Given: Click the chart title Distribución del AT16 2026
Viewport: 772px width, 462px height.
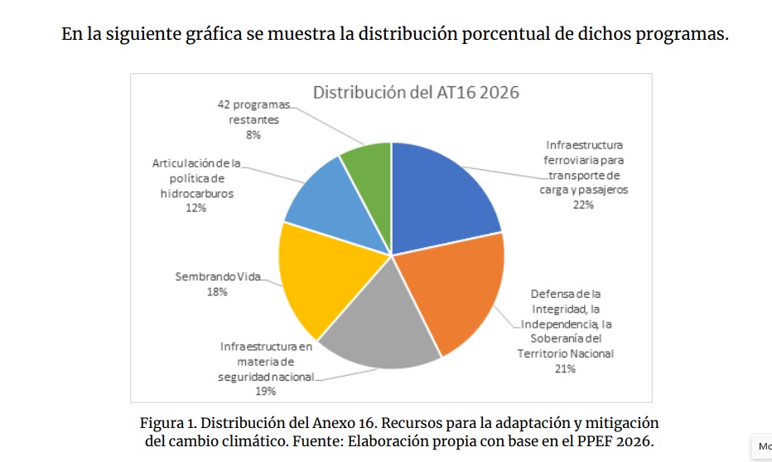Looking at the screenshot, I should pos(416,92).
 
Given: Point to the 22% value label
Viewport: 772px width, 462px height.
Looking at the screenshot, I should pos(583,205).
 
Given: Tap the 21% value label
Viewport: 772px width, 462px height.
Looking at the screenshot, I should pos(565,369).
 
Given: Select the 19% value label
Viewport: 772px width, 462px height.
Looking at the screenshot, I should pos(265,391).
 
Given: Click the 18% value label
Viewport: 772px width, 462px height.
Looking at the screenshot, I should pos(217,291).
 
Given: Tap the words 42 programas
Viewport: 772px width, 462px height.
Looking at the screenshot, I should pos(254,105).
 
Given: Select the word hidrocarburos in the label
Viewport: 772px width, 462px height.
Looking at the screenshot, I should pos(196,193).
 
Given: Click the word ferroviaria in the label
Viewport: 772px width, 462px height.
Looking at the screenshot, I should pos(573,160).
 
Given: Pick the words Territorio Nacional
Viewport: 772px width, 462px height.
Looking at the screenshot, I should pos(566,354).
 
